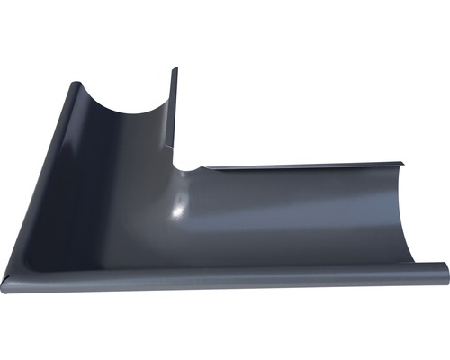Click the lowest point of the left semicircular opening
[x=126, y=112]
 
